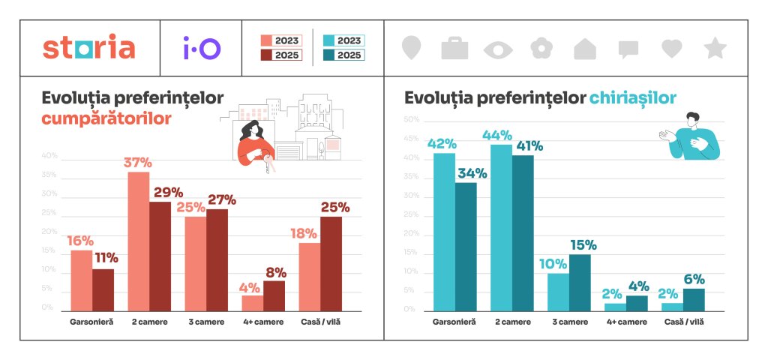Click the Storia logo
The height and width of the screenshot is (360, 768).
[89, 48]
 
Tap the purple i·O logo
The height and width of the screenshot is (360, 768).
[202, 48]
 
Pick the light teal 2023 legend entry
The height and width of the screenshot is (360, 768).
[343, 40]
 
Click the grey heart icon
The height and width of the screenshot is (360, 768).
[672, 49]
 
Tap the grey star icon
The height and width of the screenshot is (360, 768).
[715, 49]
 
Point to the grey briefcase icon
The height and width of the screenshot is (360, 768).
[454, 49]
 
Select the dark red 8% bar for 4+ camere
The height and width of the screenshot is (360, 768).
[274, 295]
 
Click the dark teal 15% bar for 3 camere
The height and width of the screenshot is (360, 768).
[580, 282]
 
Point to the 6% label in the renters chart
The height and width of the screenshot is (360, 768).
[694, 279]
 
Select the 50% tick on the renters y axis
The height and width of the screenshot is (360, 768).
[411, 120]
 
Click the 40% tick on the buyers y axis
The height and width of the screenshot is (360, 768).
[49, 156]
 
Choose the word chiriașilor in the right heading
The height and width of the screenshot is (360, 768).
[633, 97]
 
